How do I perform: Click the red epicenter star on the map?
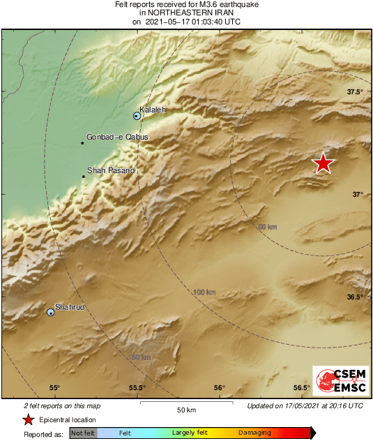point(323,163)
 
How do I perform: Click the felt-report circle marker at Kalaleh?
point(137,116)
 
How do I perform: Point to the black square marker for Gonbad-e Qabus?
point(82,144)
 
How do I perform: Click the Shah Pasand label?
point(111,170)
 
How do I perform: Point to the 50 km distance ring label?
point(268,227)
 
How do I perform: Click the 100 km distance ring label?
point(204,292)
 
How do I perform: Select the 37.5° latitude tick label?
point(356,92)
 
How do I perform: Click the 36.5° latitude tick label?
point(356,297)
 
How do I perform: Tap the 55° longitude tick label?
point(54,388)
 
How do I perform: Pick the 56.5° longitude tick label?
point(301,388)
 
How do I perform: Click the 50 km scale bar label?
point(186,409)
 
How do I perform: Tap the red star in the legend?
point(28,419)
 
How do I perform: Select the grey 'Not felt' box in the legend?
point(83,433)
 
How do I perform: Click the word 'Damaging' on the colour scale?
point(254,433)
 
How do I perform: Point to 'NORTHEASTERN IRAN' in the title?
point(186,13)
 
